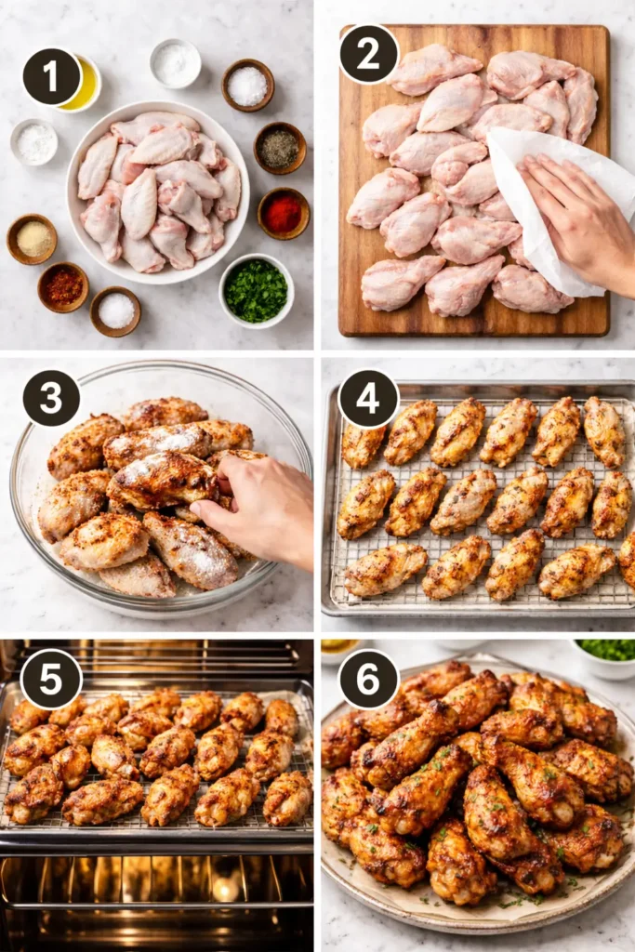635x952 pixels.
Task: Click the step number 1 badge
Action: [51, 76]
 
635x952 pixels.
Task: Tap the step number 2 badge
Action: [369, 54]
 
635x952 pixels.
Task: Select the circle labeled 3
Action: [51, 398]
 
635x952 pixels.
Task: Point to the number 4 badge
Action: [369, 399]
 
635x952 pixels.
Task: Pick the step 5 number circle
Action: [51, 679]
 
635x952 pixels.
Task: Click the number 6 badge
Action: [369, 679]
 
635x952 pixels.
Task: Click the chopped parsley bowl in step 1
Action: [256, 291]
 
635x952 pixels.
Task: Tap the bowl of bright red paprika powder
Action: [282, 214]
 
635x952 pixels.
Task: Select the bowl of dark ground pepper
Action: [279, 148]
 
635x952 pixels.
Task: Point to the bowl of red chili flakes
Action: [63, 286]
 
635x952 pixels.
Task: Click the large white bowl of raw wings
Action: [156, 192]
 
